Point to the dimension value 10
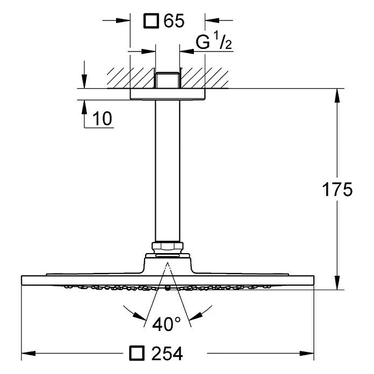102,119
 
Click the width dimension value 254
168,354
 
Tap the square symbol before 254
138,354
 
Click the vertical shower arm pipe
168,172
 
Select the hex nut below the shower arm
168,248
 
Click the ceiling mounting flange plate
168,94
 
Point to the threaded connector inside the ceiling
168,79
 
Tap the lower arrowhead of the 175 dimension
337,283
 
